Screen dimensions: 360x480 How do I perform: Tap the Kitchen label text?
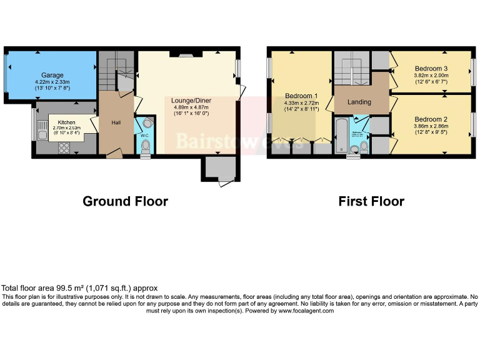[x=66, y=122]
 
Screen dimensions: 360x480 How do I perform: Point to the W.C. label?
[x=144, y=135]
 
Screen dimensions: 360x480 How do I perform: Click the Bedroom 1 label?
[x=301, y=95]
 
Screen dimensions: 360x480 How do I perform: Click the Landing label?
[x=359, y=102]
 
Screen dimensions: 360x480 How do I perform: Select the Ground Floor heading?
[x=126, y=201]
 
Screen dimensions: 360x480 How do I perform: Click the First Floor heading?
[x=371, y=201]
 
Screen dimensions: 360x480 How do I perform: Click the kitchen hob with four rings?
[x=63, y=147]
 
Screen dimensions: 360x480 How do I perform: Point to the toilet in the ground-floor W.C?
[x=146, y=147]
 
